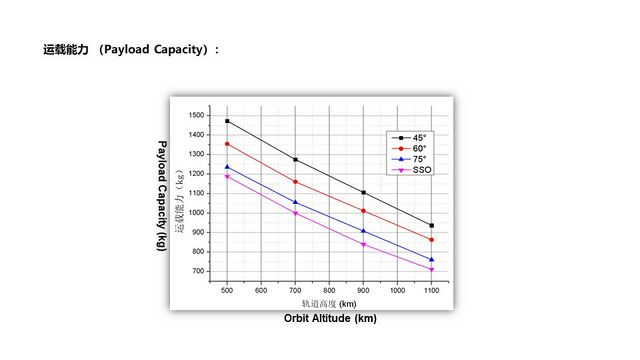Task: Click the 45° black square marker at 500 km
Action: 227,121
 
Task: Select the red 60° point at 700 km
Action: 296,182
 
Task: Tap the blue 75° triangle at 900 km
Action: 364,231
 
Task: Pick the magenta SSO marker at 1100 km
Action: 432,270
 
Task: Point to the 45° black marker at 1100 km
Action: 432,226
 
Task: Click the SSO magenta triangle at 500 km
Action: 227,177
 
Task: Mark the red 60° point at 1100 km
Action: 432,240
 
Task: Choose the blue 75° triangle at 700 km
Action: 296,202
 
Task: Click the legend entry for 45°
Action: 409,138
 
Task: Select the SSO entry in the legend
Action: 411,170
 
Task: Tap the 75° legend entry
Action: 409,159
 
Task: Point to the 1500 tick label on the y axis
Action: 196,116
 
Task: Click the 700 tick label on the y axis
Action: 198,271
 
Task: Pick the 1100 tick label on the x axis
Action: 431,291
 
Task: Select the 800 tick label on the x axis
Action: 329,291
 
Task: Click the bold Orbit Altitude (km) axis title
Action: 330,318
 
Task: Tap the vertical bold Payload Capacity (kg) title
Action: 162,196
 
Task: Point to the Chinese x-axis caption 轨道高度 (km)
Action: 329,304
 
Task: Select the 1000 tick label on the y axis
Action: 196,213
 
